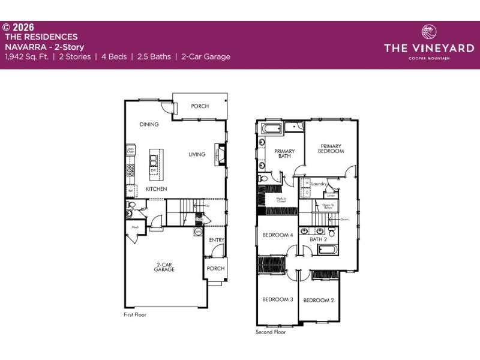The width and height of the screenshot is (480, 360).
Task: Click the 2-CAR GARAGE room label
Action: click(x=164, y=267)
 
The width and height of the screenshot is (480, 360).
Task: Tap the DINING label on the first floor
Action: click(x=149, y=125)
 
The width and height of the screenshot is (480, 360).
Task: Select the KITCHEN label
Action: click(x=156, y=189)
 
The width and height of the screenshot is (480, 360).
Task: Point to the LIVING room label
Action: click(x=197, y=154)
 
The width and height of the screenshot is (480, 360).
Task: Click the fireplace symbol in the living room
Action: click(x=221, y=154)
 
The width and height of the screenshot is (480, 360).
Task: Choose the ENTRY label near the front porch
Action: click(x=217, y=240)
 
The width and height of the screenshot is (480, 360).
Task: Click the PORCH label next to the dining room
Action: click(x=200, y=106)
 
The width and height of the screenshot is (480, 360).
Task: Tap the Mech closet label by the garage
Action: click(x=135, y=227)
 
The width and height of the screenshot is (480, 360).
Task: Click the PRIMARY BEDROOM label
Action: click(x=331, y=148)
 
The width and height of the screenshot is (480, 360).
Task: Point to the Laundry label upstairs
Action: click(x=318, y=184)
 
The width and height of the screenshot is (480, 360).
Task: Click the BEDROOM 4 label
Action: click(x=277, y=235)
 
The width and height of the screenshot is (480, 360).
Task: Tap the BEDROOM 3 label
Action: click(x=277, y=299)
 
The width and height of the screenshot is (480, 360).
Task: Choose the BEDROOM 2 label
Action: click(x=318, y=300)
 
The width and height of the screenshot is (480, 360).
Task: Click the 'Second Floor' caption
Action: click(x=271, y=332)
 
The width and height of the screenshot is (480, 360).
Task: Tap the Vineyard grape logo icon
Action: click(x=429, y=32)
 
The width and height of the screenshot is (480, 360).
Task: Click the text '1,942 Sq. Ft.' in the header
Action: click(x=27, y=57)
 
